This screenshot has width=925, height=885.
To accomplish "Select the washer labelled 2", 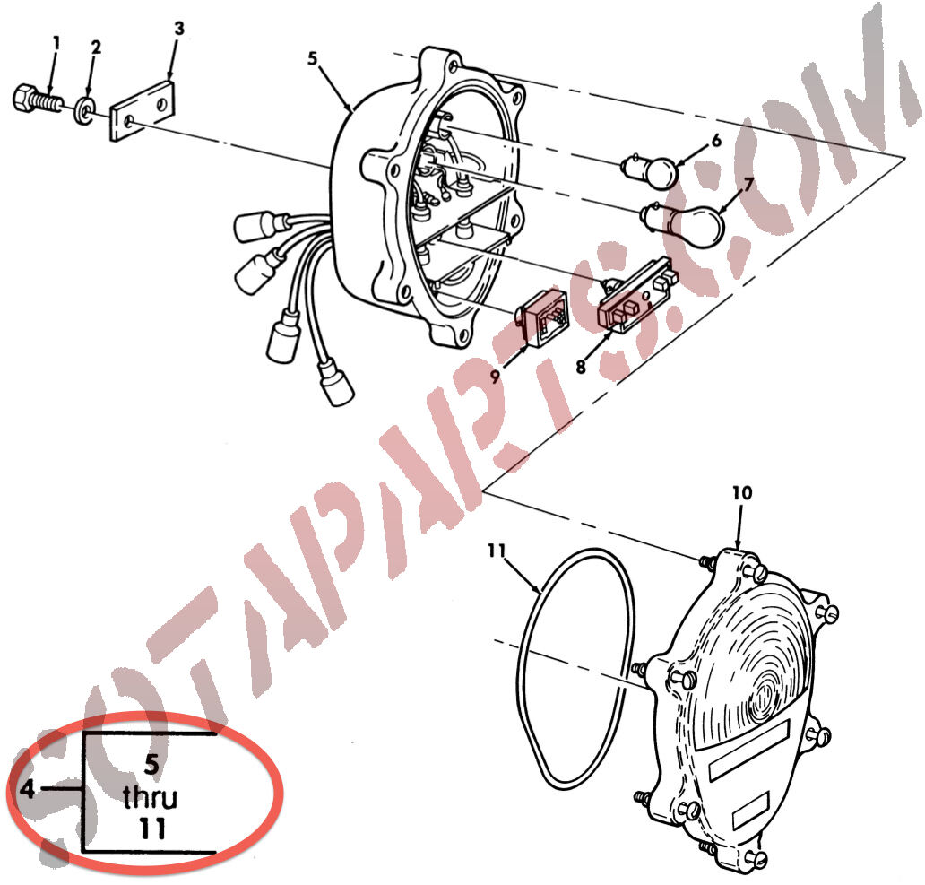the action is pos(86,108).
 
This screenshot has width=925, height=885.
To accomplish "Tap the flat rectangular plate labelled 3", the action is pos(143,110).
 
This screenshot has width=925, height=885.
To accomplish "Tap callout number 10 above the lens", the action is pos(742,492).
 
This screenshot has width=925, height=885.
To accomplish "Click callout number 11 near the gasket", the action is pos(497,551).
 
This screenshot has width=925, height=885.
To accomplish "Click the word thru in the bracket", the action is pos(151,797).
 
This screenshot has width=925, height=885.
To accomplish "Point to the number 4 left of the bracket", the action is pos(27,788).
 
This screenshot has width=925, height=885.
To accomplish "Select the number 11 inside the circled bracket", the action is pos(151,829).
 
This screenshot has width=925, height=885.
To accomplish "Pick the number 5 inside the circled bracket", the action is pos(151,764).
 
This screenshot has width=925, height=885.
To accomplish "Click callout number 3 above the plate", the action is pos(178,28).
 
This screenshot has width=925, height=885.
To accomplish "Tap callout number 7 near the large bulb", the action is pos(748,185).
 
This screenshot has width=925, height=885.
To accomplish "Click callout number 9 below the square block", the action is pos(495,376).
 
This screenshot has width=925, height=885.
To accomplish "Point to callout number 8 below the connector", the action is pos(581,367).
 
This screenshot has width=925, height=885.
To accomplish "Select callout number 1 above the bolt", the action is pos(56,43).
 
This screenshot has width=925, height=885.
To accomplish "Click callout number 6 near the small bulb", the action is pos(715,141).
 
